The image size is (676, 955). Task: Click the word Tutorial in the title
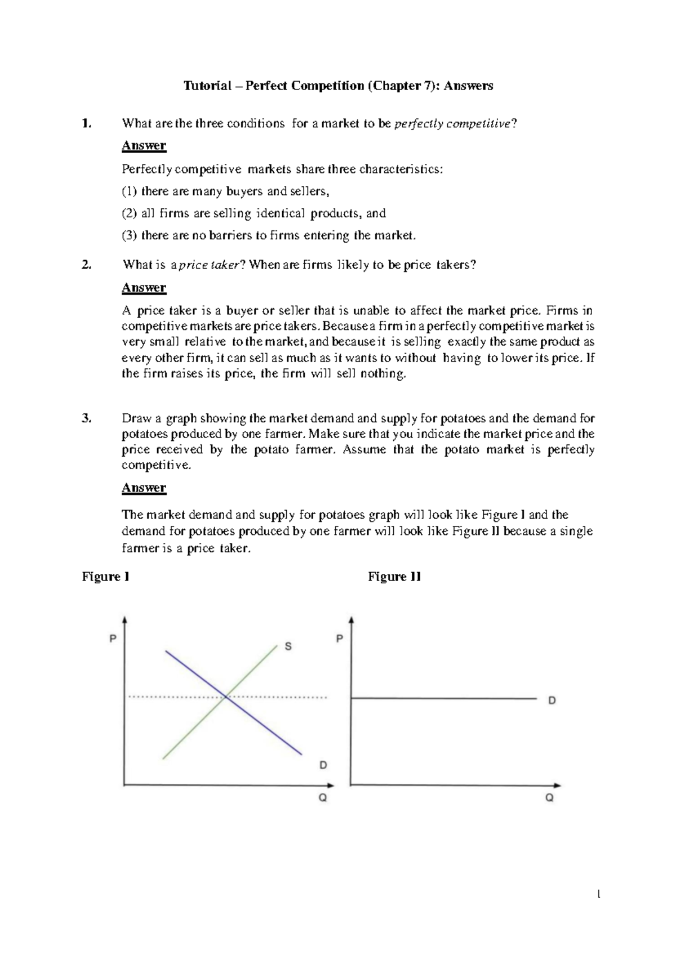207,86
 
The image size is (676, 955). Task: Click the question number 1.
85,123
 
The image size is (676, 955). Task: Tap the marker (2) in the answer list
129,213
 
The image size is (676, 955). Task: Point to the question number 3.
86,418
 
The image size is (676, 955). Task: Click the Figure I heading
106,577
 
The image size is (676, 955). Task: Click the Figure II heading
394,577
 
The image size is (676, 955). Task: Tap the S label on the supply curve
288,646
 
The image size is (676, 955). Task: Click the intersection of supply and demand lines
226,697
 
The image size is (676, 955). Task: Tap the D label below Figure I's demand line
323,765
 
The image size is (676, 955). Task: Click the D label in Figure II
552,700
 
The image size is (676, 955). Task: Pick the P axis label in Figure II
339,639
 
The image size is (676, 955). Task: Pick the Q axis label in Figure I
323,798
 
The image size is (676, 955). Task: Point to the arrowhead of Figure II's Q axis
557,785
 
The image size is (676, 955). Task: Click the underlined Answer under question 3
144,488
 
